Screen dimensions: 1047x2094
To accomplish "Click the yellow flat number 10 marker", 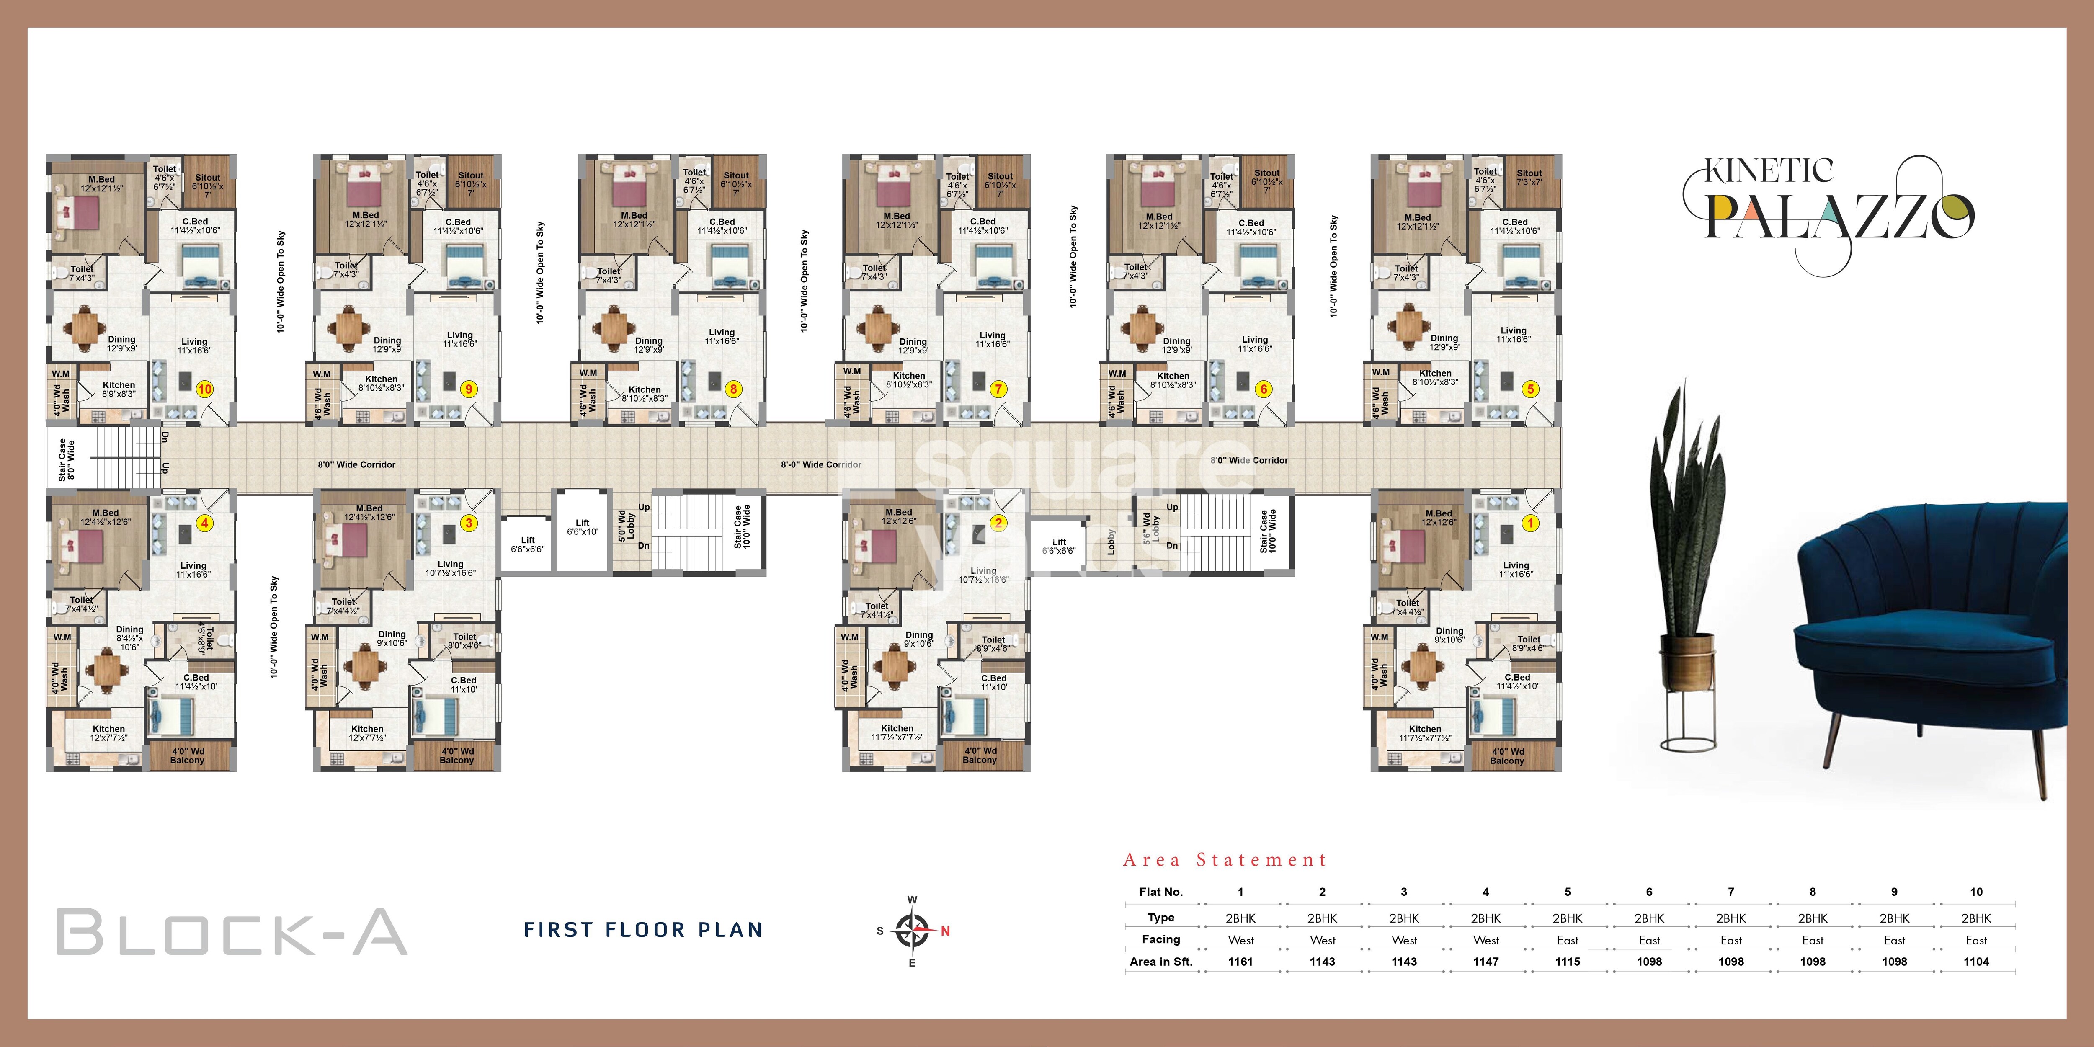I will point(205,389).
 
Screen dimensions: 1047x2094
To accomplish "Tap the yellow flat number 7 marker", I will point(998,389).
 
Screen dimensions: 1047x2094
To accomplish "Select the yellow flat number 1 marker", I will point(1530,523).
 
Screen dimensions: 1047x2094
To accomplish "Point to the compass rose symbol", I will point(913,931).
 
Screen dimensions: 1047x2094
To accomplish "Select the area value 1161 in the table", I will point(1240,962).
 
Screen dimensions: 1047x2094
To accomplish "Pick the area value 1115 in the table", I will point(1567,962).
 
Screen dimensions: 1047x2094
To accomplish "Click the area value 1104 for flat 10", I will point(1976,962).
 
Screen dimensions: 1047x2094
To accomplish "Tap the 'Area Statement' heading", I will point(1225,860).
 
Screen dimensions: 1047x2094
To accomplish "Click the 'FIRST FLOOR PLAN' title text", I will point(643,930).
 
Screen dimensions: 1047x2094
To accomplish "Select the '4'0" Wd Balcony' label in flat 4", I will point(187,756).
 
